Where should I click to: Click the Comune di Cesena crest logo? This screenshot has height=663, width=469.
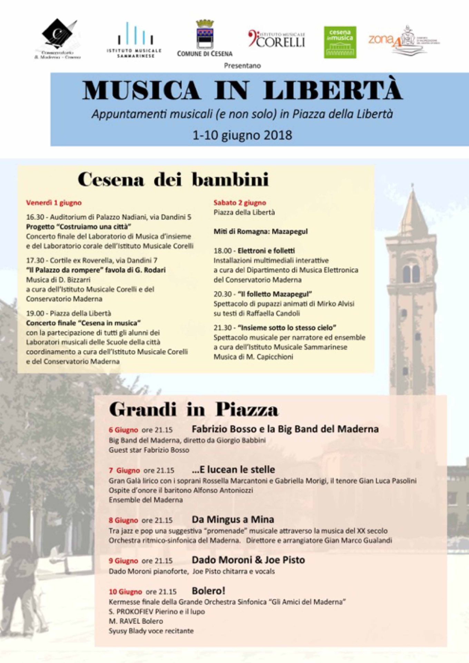[x=205, y=34]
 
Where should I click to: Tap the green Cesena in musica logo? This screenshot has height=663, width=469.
[x=340, y=42]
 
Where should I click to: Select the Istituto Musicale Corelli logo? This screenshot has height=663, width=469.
[x=277, y=39]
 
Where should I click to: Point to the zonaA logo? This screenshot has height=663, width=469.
[x=403, y=40]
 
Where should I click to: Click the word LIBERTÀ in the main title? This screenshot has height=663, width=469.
[x=333, y=90]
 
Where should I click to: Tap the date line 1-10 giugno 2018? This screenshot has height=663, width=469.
[x=242, y=135]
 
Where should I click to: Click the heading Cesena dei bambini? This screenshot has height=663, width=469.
[x=173, y=180]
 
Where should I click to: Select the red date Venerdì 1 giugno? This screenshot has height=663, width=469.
[x=54, y=203]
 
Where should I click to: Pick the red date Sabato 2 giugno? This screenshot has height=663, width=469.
[x=240, y=203]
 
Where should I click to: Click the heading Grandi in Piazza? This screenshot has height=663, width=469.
[x=194, y=410]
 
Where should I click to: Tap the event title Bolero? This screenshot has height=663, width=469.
[x=208, y=591]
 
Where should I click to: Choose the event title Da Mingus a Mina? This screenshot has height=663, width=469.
[x=233, y=519]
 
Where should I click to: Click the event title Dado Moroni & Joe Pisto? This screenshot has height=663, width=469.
[x=248, y=560]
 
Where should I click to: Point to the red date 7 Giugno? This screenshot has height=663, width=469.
[x=124, y=470]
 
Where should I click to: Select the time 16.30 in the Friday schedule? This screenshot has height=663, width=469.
[x=35, y=217]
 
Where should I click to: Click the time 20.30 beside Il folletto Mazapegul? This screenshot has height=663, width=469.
[x=222, y=294]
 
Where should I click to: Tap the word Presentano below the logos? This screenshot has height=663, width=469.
[x=242, y=66]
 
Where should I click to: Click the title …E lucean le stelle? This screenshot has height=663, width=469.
[x=233, y=470]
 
